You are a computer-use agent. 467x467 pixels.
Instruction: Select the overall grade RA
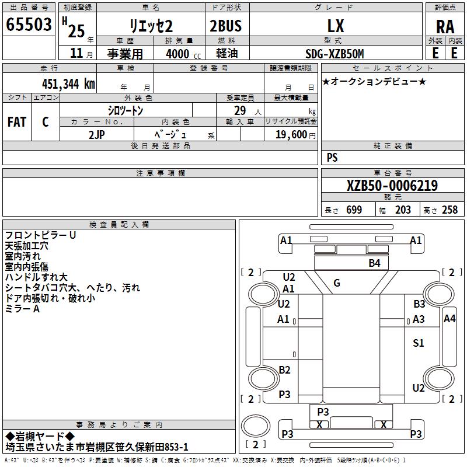445,26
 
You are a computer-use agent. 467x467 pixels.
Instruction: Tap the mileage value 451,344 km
68,83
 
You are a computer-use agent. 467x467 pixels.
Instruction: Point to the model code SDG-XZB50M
334,54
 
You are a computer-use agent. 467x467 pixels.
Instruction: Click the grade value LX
336,26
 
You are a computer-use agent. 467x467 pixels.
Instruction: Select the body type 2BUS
225,26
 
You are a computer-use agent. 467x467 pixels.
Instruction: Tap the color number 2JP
97,134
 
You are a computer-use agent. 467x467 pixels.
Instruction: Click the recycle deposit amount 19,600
290,134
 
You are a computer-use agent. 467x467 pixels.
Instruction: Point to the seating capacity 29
239,110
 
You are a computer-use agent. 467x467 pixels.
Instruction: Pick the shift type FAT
16,122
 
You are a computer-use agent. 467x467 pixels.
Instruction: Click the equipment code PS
332,158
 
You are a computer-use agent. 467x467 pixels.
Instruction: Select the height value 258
449,210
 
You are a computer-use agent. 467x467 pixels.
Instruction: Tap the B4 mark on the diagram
374,263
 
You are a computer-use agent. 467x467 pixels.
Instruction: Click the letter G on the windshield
337,283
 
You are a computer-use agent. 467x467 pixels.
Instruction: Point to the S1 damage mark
419,343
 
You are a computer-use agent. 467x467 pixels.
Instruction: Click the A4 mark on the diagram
449,318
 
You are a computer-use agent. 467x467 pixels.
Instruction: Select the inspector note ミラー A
22,309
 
